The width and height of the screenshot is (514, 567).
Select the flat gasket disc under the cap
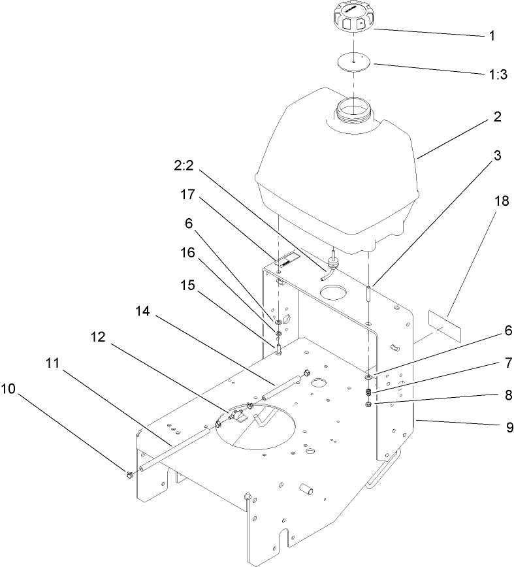pos(352,61)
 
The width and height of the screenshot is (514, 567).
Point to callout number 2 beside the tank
pos(497,118)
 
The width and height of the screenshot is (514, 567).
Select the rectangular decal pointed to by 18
pos(444,326)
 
